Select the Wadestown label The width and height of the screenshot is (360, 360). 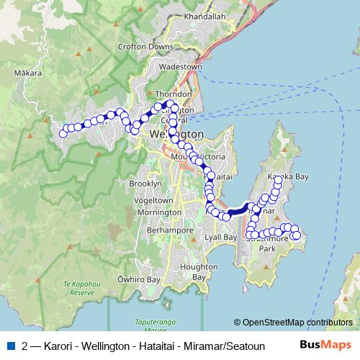click(x=181, y=66)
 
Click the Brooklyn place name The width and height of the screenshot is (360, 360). click(x=142, y=184)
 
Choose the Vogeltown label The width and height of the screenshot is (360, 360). click(x=152, y=200)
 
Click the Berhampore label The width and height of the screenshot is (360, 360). click(x=169, y=230)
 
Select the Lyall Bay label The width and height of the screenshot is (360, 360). click(x=221, y=237)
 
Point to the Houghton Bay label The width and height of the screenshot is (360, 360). click(x=194, y=271)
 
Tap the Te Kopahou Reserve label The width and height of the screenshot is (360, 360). click(x=78, y=288)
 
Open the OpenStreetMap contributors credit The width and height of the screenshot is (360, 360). click(x=292, y=323)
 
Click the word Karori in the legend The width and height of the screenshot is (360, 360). click(x=59, y=346)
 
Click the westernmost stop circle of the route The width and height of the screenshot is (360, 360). click(x=63, y=133)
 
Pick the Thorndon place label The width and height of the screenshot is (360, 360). click(x=174, y=94)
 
